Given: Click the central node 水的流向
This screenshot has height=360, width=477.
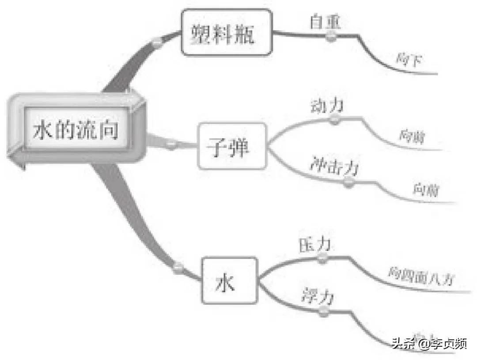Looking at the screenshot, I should [x=76, y=130].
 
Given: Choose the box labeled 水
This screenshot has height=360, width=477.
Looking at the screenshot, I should [x=229, y=280].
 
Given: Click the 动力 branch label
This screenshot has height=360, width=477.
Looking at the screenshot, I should [x=327, y=106].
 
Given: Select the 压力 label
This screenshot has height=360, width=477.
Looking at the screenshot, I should [x=315, y=246].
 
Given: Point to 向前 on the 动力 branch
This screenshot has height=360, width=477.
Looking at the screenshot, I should [x=412, y=136].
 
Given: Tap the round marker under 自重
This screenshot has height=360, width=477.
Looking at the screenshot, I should [x=331, y=37].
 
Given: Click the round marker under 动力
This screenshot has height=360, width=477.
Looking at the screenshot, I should [x=336, y=119].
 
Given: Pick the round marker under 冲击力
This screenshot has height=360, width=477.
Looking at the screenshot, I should [x=350, y=182].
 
